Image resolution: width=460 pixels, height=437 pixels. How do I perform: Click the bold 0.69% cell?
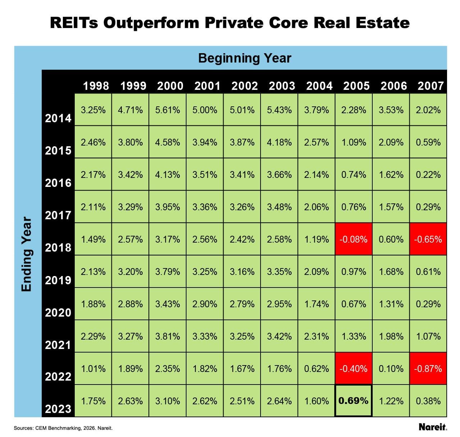pyautogui.click(x=354, y=401)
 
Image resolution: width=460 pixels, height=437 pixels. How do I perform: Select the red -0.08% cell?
pyautogui.click(x=354, y=239)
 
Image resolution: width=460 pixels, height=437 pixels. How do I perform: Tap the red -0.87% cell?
pyautogui.click(x=428, y=369)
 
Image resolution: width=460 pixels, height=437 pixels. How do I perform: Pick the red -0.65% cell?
pyautogui.click(x=428, y=239)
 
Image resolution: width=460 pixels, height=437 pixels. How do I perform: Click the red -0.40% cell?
pyautogui.click(x=354, y=369)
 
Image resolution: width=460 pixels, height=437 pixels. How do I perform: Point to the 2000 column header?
pyautogui.click(x=170, y=86)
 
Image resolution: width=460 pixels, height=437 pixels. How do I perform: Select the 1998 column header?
pyautogui.click(x=96, y=86)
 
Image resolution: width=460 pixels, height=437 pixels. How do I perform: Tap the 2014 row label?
pyautogui.click(x=58, y=118)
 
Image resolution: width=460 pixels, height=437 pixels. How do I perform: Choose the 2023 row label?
pyautogui.click(x=58, y=409)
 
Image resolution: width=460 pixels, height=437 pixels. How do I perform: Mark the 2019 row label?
pyautogui.click(x=58, y=280)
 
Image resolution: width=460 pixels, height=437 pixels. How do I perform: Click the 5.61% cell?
pyautogui.click(x=167, y=110)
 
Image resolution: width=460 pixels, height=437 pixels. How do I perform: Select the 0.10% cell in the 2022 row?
pyautogui.click(x=391, y=369)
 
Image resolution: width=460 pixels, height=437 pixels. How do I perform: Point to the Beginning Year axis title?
pyautogui.click(x=244, y=58)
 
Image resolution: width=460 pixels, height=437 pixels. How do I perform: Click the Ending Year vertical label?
pyautogui.click(x=27, y=254)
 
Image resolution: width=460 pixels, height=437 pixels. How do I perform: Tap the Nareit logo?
pyautogui.click(x=433, y=427)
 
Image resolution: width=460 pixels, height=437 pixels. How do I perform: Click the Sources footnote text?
pyautogui.click(x=63, y=428)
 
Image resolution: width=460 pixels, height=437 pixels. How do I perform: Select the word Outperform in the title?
pyautogui.click(x=151, y=23)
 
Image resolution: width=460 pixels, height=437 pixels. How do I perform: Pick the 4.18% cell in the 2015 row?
pyautogui.click(x=279, y=142)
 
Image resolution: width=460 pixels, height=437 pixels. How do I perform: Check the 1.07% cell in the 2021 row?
pyautogui.click(x=428, y=336)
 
